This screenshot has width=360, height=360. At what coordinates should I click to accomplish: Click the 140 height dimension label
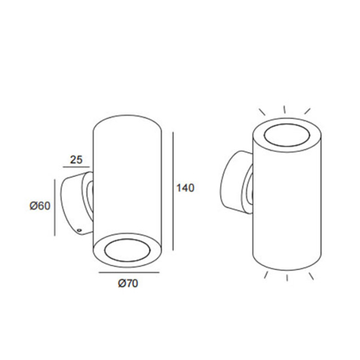[x=186, y=189]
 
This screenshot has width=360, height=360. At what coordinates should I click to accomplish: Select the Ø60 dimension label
[x=39, y=206]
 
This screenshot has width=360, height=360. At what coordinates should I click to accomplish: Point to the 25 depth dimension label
[x=75, y=159]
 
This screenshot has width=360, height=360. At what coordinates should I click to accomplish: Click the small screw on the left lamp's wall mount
[x=79, y=230]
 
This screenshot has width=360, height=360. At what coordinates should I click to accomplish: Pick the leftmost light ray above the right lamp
[x=262, y=112]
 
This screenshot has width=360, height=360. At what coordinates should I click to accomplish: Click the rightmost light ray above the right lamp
[x=308, y=111]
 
